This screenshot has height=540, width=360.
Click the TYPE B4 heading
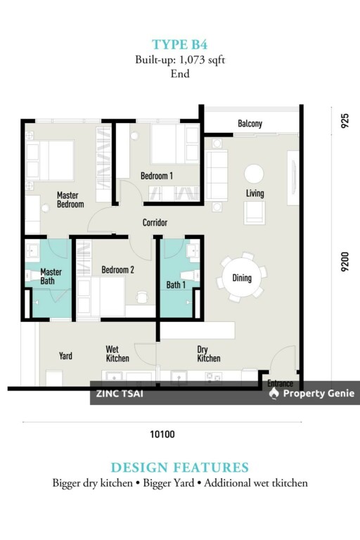(179, 45)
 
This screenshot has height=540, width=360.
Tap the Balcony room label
(250, 123)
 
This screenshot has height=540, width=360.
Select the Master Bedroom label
(70, 200)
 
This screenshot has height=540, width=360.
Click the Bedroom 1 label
(157, 176)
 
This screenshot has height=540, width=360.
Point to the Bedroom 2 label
(118, 270)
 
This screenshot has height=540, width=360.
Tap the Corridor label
(155, 222)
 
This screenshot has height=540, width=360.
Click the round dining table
(241, 278)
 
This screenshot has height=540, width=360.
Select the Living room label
(255, 193)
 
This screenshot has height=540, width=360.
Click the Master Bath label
(51, 276)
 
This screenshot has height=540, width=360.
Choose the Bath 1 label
(176, 285)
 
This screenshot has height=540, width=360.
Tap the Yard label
(65, 356)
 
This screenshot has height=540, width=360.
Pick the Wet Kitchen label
(117, 354)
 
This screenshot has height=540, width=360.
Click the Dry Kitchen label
(208, 354)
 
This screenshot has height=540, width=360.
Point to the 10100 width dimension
(162, 435)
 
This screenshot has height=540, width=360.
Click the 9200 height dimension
(345, 262)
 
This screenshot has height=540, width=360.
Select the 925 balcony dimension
(345, 121)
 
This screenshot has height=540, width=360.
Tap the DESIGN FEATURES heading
(180, 468)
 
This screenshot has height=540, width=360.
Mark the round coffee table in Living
(255, 174)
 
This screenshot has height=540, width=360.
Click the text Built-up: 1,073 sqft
(180, 60)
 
